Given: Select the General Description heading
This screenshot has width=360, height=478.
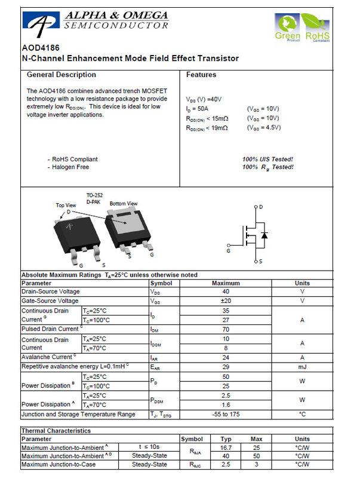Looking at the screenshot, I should coord(61,75).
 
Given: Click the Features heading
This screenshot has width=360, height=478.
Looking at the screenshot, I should coord(201,75).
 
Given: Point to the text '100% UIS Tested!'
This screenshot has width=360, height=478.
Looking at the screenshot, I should coord(267,160).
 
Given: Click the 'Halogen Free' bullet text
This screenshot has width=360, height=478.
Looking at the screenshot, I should coord(70,167).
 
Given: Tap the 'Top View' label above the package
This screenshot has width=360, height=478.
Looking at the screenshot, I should coord(66,205).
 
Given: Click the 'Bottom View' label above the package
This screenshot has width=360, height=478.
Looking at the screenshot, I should coord(124,204).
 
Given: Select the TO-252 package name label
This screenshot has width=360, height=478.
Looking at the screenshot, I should coord(94,195).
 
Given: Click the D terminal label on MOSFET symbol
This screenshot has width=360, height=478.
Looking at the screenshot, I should coord(260,207).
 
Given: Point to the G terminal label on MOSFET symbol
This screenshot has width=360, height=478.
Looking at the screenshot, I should coord(228,251).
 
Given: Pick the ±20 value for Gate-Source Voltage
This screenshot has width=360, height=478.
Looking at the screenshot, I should coord(225,301).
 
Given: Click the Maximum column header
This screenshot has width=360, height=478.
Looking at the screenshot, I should coord(225,283).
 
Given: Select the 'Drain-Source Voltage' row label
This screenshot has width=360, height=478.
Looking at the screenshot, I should coord(50,292).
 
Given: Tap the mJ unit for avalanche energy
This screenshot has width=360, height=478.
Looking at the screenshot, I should coord(302,366).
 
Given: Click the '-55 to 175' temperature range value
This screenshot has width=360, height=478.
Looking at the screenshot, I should coord(225,414).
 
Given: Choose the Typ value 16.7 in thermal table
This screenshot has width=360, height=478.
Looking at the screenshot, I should coord(225,447).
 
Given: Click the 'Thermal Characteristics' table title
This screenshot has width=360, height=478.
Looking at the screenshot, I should coord(56,430).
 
